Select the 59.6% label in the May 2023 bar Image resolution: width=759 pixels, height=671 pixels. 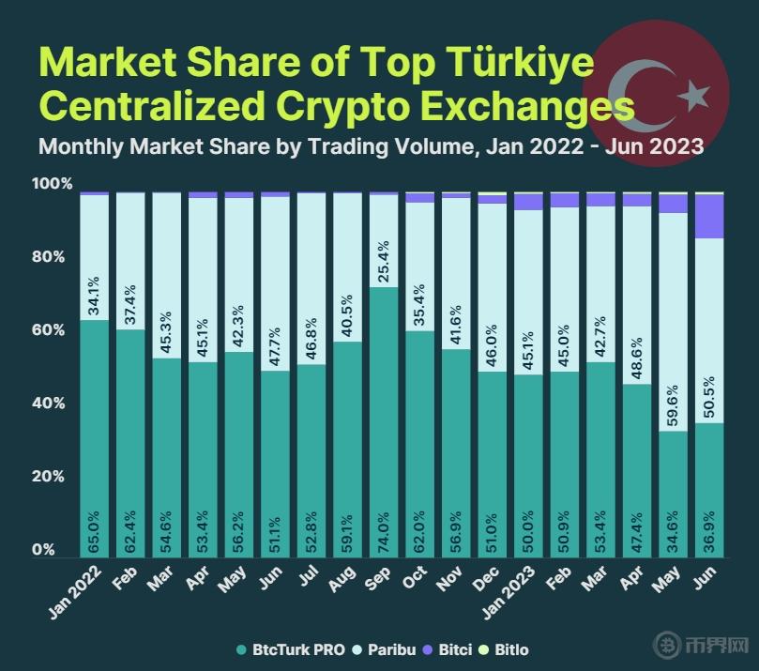point(672,405)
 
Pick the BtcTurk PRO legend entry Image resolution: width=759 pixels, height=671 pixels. point(292,649)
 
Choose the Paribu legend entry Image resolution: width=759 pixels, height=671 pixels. point(387,649)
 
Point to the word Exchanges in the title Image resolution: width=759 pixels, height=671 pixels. point(534,105)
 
